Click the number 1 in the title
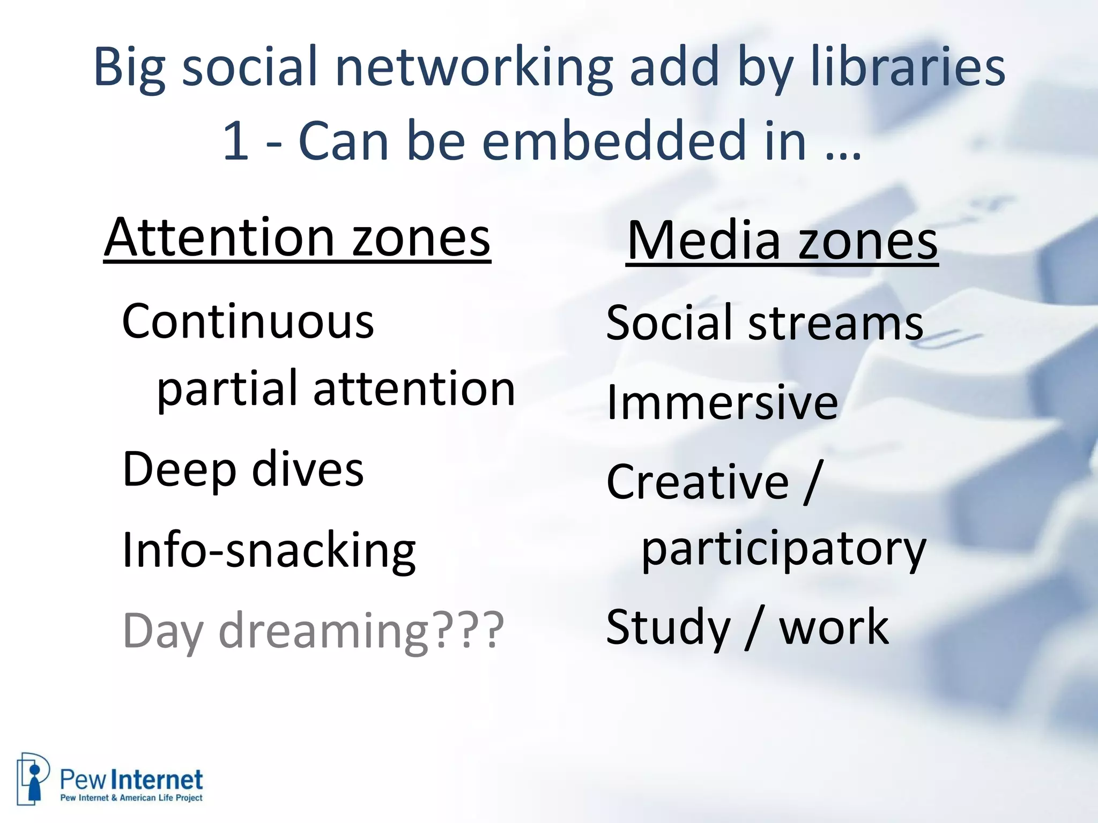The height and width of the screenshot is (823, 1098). (235, 141)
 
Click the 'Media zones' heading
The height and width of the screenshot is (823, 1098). (782, 241)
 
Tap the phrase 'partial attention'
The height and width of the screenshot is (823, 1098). (336, 389)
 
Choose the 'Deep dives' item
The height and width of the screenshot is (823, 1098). (243, 469)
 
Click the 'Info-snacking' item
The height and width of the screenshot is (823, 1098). (269, 550)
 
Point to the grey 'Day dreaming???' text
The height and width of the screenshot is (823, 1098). (313, 630)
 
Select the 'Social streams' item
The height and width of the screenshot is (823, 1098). (764, 323)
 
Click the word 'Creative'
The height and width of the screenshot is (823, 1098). (697, 482)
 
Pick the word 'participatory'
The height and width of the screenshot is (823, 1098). (783, 550)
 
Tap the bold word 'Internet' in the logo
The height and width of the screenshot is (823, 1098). (160, 780)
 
